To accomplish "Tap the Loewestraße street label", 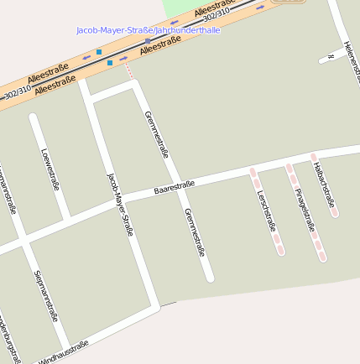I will pos(50,169).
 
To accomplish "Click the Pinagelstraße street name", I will pos(305,210).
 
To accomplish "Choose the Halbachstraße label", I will pos(324,185).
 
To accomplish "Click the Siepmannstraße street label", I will pos(45,295).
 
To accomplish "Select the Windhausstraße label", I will pos(64,351).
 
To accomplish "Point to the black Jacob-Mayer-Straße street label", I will pos(120,204).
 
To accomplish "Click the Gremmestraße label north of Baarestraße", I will pos(157,134).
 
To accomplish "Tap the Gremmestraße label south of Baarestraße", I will pos(195,232).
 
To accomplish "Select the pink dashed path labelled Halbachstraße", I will pos(324,185).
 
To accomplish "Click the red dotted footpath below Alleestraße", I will pos(129,72).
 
